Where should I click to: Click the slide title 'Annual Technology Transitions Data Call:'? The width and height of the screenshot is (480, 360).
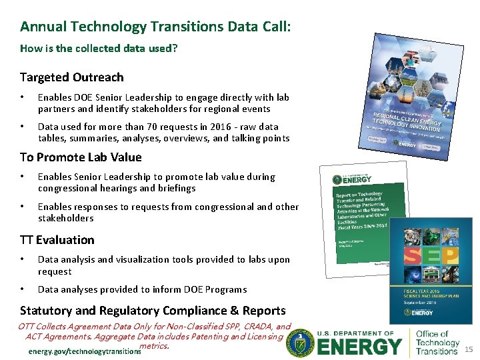pyautogui.click(x=155, y=27)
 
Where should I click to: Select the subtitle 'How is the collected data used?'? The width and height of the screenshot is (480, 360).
pyautogui.click(x=99, y=49)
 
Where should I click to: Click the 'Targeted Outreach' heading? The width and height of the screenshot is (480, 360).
pyautogui.click(x=71, y=77)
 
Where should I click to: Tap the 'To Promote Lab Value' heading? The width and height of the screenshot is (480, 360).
pyautogui.click(x=81, y=157)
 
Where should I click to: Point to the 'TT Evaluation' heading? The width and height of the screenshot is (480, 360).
pyautogui.click(x=57, y=240)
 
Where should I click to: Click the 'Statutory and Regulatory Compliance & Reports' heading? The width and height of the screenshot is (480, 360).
pyautogui.click(x=153, y=311)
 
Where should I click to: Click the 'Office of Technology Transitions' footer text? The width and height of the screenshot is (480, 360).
pyautogui.click(x=437, y=343)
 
